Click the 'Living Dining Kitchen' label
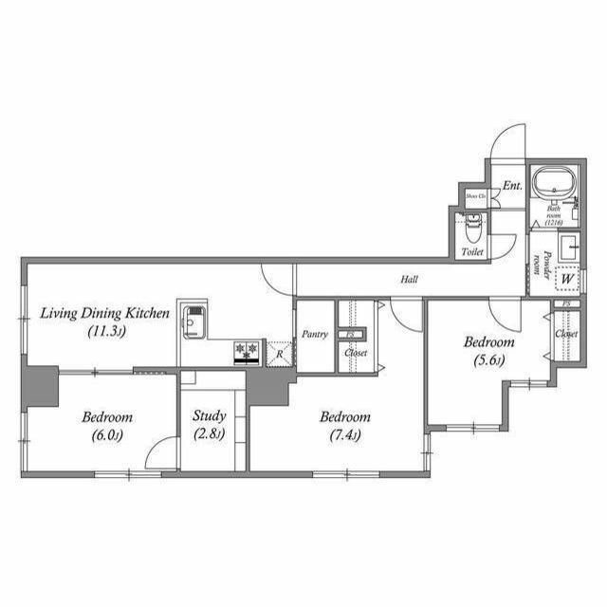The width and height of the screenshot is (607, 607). pos(105,313)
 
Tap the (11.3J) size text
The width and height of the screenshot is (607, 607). pos(105,331)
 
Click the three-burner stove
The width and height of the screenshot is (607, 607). pos(248,352)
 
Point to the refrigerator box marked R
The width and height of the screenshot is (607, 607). pos(279,353)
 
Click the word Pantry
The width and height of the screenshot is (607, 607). pos(315,335)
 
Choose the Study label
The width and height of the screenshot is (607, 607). pos(209,415)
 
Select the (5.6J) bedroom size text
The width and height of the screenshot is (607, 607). pos(487,359)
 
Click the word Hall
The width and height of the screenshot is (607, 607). pos(408,279)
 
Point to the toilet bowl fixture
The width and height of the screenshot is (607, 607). pos(474,228)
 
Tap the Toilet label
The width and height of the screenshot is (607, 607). pos(472,253)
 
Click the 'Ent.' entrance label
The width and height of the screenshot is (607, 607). pos(512,186)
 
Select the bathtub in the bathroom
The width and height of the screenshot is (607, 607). pos(553,183)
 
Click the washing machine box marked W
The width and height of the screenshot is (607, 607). pos(568,280)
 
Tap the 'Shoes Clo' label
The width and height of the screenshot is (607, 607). pos(474,196)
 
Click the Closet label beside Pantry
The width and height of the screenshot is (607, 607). pos(356,353)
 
